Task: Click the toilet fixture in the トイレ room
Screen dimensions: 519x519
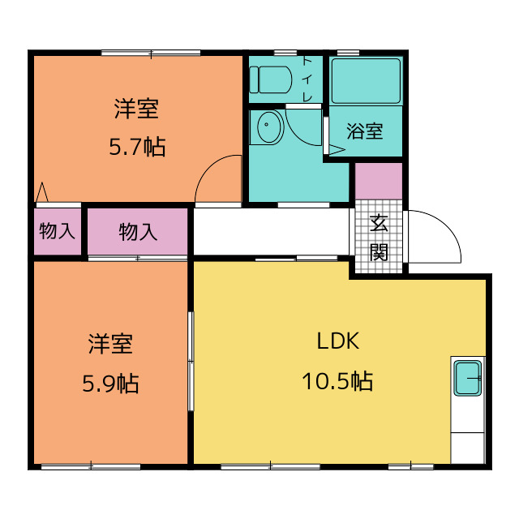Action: click(x=270, y=79)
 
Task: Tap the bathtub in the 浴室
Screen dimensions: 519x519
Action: click(x=366, y=81)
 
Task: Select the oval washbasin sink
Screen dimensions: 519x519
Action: click(x=269, y=127)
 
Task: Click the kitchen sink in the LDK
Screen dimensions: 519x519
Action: click(x=467, y=378)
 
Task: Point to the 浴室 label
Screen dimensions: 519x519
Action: click(x=365, y=131)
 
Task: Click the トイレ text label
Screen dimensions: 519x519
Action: click(x=307, y=79)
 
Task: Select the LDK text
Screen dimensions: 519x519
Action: click(x=338, y=341)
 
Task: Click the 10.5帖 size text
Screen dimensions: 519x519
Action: click(x=337, y=381)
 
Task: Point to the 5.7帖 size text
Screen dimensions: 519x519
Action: click(x=137, y=147)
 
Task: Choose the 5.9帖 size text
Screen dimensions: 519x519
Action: click(x=110, y=384)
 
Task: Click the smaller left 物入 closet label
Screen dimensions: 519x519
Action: click(x=58, y=230)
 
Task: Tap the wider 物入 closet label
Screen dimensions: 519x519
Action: click(x=138, y=232)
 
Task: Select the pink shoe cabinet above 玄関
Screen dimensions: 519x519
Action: click(x=379, y=181)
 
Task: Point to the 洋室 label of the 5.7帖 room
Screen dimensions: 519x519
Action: click(x=136, y=109)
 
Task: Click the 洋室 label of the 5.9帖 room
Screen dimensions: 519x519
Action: click(x=110, y=344)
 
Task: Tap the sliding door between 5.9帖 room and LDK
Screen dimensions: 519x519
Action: click(x=191, y=362)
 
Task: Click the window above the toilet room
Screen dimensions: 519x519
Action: click(x=285, y=53)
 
